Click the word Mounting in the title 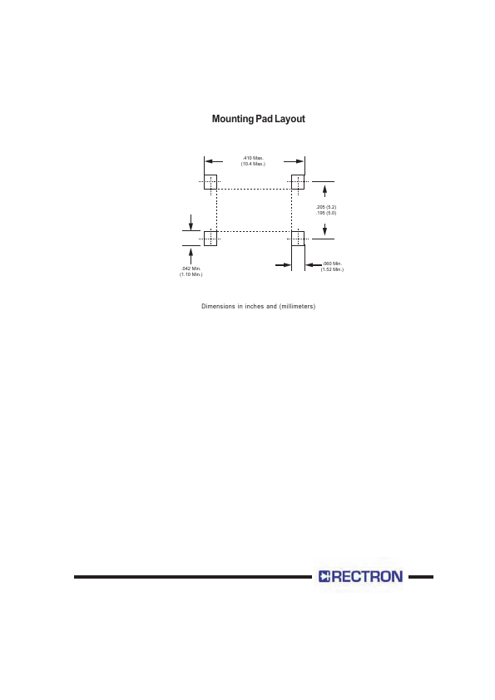tap(233, 119)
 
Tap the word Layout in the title tap(290, 119)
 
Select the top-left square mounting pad tap(210, 182)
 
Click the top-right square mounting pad tap(298, 182)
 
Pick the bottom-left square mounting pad tap(210, 239)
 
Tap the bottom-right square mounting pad tap(298, 239)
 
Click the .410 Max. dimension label tap(253, 158)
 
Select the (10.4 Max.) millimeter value tap(253, 164)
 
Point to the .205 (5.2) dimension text tap(326, 207)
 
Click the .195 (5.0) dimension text tap(326, 213)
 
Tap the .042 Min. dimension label tap(191, 269)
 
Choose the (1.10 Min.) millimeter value tap(191, 274)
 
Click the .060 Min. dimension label tap(333, 264)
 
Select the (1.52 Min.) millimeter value tap(333, 269)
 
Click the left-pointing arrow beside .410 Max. tap(214, 161)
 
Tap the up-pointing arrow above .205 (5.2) tap(324, 191)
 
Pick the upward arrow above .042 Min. tap(191, 256)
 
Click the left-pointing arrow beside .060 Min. tap(314, 265)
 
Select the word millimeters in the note tap(297, 306)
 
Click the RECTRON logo tap(360, 576)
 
